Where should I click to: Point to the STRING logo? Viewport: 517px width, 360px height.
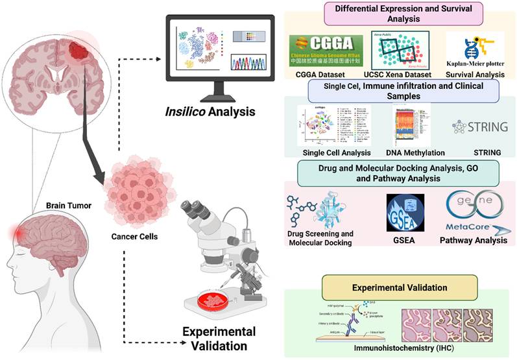click(x=481, y=126)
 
